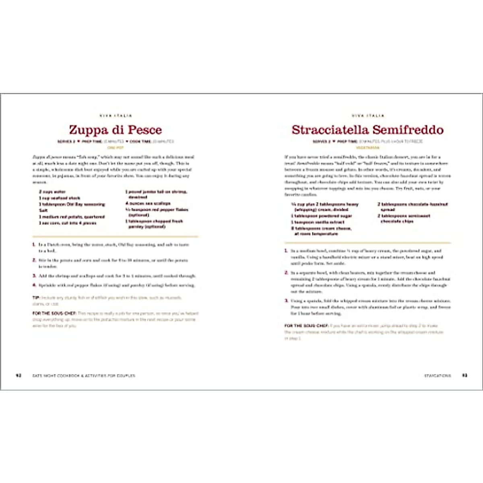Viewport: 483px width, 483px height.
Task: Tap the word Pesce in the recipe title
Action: click(145, 130)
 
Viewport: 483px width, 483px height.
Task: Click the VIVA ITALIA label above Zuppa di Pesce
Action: click(116, 116)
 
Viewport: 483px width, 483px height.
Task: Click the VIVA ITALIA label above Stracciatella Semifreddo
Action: click(368, 116)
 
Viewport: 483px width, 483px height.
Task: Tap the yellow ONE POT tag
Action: click(116, 148)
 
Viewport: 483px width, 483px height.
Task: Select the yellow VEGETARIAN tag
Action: click(368, 148)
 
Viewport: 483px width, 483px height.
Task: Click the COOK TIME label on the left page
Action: click(140, 142)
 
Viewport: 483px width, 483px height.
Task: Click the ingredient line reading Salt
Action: click(43, 211)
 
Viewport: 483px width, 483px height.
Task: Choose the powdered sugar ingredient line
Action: click(322, 216)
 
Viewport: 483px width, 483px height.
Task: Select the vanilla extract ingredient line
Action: click(318, 222)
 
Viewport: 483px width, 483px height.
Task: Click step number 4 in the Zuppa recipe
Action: click(34, 285)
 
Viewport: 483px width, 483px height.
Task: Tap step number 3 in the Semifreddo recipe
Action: click(286, 301)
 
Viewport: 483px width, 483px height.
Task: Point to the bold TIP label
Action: click(36, 298)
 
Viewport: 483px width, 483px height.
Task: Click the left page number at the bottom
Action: click(18, 376)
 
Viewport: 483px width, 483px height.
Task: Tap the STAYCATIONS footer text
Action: click(438, 376)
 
